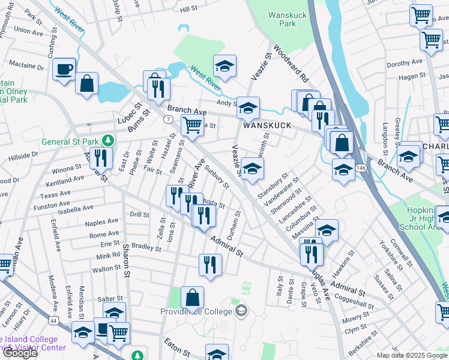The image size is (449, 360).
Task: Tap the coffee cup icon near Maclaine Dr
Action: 64,69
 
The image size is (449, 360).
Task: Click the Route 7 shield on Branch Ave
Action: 169,119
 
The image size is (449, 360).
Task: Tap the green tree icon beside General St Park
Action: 108,141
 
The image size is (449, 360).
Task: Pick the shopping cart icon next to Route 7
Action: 191,125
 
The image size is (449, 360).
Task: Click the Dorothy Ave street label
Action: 405,63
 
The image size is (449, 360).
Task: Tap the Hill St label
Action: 188,9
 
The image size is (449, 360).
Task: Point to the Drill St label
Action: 139,214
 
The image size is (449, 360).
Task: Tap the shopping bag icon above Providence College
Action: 192,297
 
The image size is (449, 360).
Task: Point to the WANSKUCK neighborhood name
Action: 267,125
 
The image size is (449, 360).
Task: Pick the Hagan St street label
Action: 411,77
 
